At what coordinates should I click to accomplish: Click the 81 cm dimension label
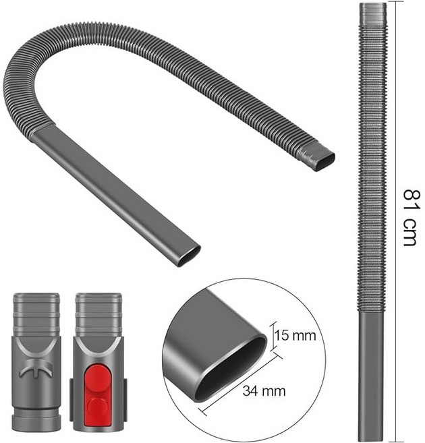pyautogui.click(x=412, y=218)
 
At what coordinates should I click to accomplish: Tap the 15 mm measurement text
pyautogui.click(x=295, y=336)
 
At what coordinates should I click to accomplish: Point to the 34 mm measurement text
pyautogui.click(x=264, y=391)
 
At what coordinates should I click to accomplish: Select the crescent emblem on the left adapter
pyautogui.click(x=36, y=368)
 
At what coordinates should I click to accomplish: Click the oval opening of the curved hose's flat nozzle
pyautogui.click(x=190, y=256)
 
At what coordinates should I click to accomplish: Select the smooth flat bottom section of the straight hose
pyautogui.click(x=371, y=376)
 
